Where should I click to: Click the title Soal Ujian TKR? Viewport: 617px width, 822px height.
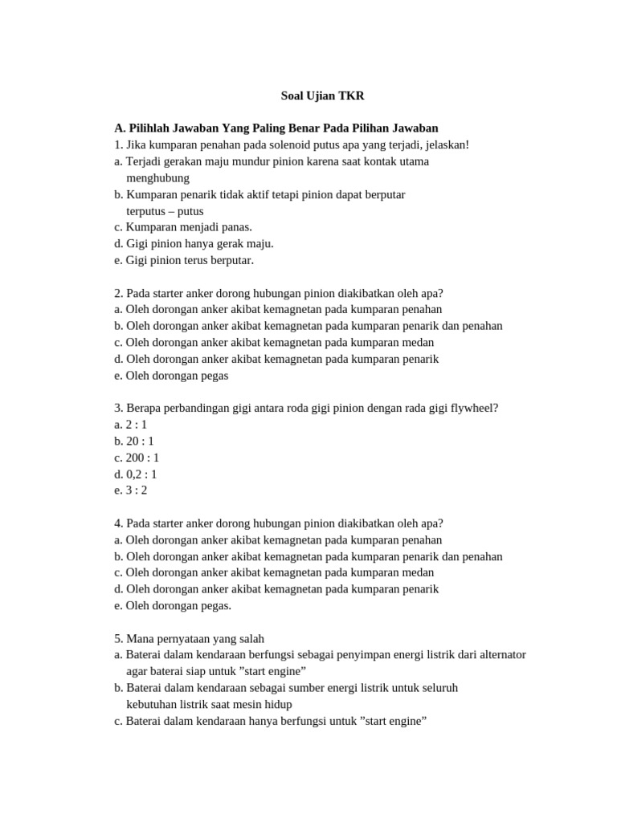pyautogui.click(x=322, y=96)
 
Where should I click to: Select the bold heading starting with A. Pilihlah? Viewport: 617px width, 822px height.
pyautogui.click(x=276, y=128)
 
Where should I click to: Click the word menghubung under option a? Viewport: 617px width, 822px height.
pyautogui.click(x=157, y=177)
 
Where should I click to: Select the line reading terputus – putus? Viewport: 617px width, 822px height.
pyautogui.click(x=165, y=211)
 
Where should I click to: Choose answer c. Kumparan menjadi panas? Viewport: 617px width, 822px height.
pyautogui.click(x=183, y=227)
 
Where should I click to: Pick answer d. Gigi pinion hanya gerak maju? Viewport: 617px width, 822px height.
pyautogui.click(x=194, y=243)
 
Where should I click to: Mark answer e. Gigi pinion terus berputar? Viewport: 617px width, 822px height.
pyautogui.click(x=184, y=260)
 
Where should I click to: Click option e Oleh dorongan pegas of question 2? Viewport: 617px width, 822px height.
pyautogui.click(x=171, y=375)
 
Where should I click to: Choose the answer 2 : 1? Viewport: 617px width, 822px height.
pyautogui.click(x=131, y=425)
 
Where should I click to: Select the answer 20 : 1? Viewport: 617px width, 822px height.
pyautogui.click(x=134, y=441)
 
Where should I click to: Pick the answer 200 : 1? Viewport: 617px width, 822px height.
pyautogui.click(x=137, y=458)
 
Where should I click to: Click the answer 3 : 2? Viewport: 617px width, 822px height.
pyautogui.click(x=131, y=490)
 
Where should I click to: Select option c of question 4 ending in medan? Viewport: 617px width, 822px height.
pyautogui.click(x=274, y=572)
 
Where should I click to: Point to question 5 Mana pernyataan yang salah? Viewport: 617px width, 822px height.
pyautogui.click(x=189, y=638)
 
